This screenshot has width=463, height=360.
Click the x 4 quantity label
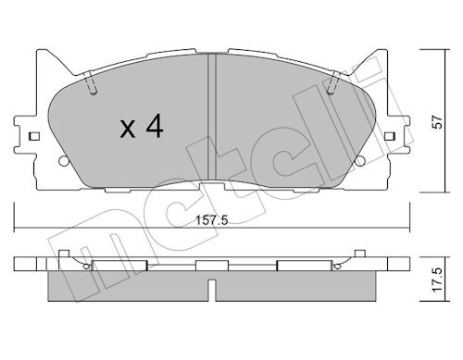(142, 127)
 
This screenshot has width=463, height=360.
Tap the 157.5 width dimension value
(212, 220)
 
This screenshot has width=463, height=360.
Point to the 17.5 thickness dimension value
(437, 279)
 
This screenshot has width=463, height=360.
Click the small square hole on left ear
(34, 136)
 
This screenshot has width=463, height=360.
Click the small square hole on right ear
(390, 136)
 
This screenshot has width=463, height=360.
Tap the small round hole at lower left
(63, 161)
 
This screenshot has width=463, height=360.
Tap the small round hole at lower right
(360, 161)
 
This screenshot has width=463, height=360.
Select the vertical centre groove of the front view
(212, 118)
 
